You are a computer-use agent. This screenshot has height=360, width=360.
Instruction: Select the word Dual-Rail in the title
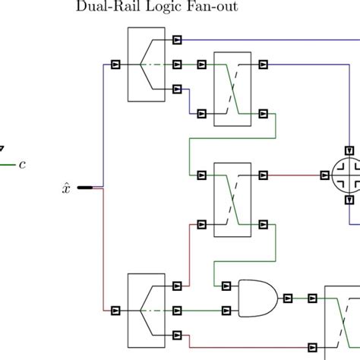99,8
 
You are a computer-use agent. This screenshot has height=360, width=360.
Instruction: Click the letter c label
22,163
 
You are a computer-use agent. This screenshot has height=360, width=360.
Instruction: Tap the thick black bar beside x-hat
85,187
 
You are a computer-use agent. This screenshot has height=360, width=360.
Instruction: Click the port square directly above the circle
349,150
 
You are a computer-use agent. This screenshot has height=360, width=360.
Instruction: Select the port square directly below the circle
349,200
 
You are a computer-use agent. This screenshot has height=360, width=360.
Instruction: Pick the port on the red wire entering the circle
315,175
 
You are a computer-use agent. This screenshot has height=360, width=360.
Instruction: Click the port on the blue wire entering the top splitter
115,65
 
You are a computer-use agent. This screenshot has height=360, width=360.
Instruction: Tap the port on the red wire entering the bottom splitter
115,310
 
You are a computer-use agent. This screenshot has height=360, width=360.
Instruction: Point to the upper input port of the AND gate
226,286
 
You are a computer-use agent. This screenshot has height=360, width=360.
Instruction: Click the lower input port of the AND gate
226,310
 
